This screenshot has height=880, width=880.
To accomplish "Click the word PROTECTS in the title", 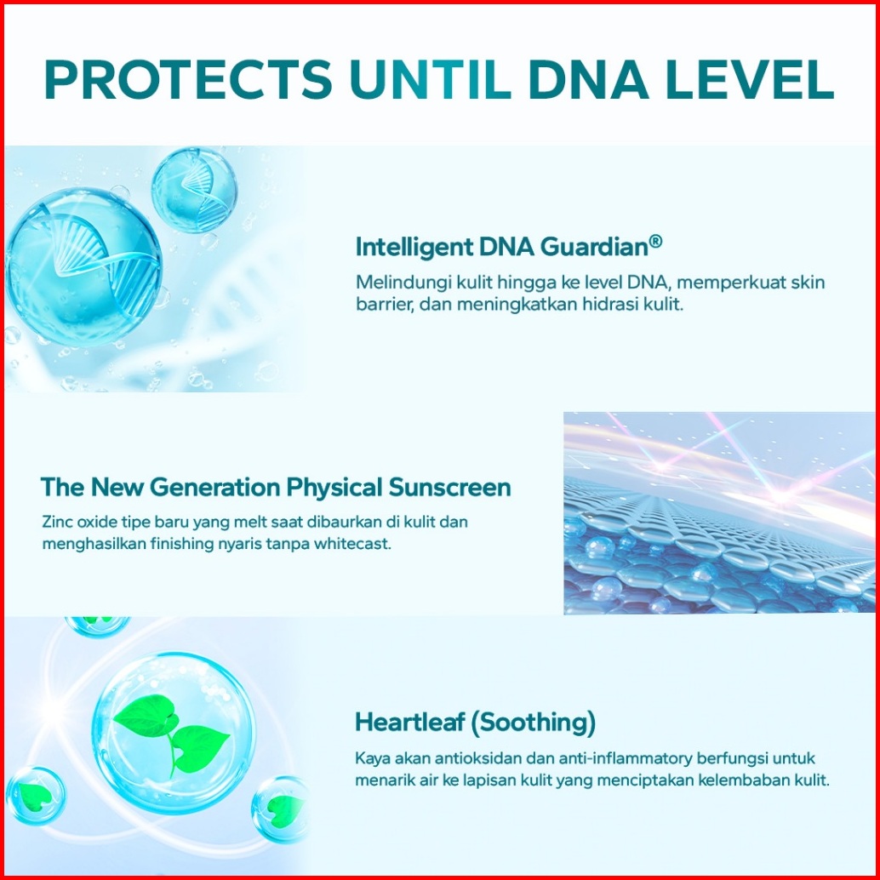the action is tap(188, 79).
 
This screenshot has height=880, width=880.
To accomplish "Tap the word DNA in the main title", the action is tap(589, 79).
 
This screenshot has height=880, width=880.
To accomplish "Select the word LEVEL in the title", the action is tap(750, 79).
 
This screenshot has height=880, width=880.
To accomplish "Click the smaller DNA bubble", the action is tap(194, 190).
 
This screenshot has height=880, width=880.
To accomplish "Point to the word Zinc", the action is tap(57, 522).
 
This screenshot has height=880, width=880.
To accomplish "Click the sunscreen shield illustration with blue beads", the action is tap(719, 513).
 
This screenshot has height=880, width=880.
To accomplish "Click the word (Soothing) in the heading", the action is tap(533, 723).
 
